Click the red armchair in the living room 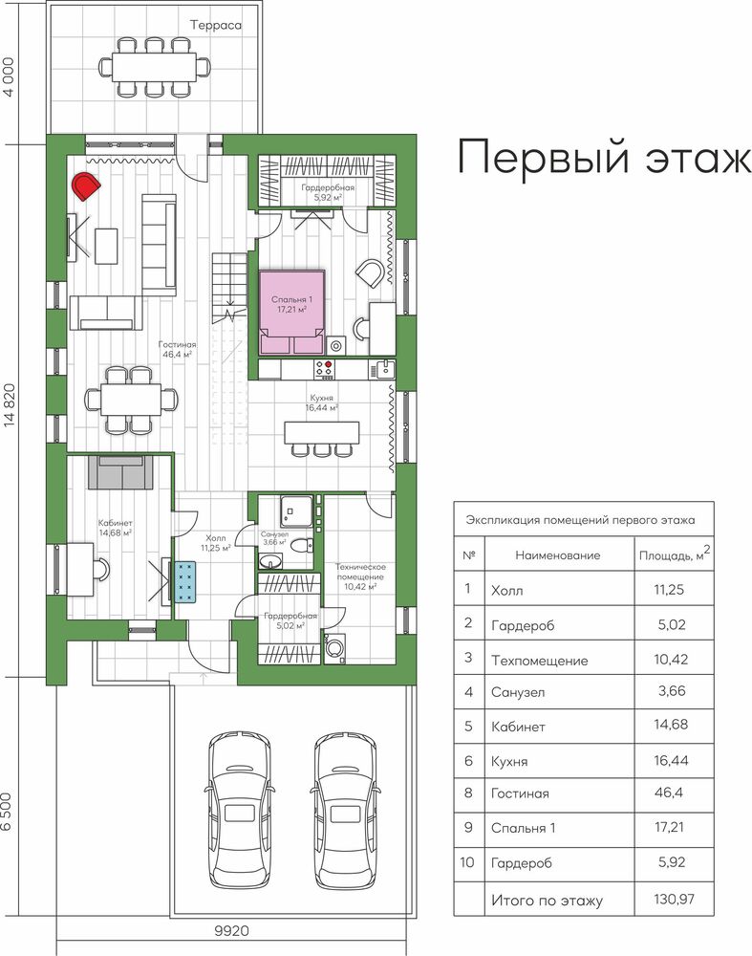click(x=86, y=186)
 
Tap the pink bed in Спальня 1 click(x=291, y=313)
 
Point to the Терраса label click(x=216, y=25)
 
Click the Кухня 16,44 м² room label click(x=321, y=403)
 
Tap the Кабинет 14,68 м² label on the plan click(x=116, y=528)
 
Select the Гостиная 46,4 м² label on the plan click(x=178, y=349)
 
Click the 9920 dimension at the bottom click(x=232, y=931)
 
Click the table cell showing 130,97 click(x=674, y=899)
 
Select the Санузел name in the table click(x=518, y=692)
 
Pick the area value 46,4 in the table click(x=669, y=793)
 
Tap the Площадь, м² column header click(x=675, y=554)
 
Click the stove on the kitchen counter click(x=324, y=368)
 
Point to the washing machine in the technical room click(x=333, y=648)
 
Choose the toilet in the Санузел click(x=301, y=545)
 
